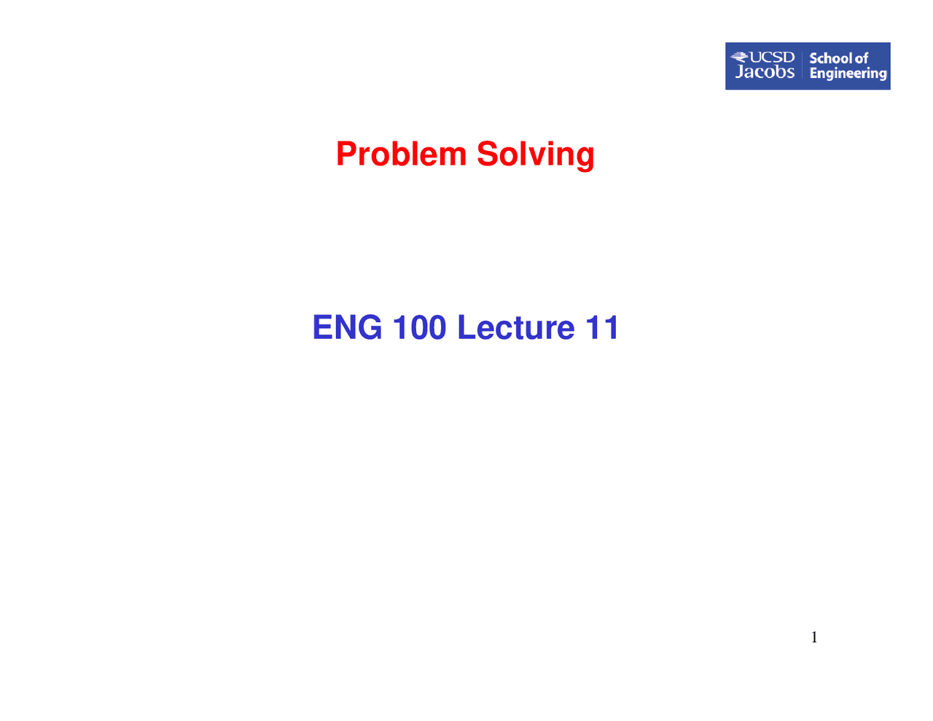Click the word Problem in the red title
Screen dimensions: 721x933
click(x=401, y=155)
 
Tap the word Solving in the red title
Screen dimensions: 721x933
click(x=536, y=155)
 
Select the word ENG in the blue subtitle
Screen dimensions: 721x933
click(x=347, y=327)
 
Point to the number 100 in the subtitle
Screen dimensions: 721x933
click(x=419, y=327)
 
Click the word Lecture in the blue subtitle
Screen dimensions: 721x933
click(x=516, y=327)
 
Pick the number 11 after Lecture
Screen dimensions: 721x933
click(x=603, y=327)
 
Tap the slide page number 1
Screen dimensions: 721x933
click(x=814, y=638)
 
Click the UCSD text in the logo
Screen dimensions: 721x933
click(x=772, y=58)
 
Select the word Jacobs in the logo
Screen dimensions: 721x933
click(x=765, y=72)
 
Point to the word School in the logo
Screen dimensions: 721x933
click(x=830, y=58)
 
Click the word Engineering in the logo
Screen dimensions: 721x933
click(x=848, y=74)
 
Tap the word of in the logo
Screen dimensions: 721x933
click(x=861, y=58)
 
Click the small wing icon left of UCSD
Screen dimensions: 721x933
click(x=739, y=57)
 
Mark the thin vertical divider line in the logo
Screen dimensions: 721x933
click(x=802, y=66)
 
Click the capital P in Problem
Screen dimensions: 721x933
click(x=347, y=155)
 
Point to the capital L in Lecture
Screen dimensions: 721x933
click(x=466, y=327)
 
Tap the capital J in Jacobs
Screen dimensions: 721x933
click(x=741, y=72)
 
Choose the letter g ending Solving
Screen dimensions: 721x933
click(x=585, y=157)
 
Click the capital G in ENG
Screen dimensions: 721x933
click(x=368, y=327)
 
